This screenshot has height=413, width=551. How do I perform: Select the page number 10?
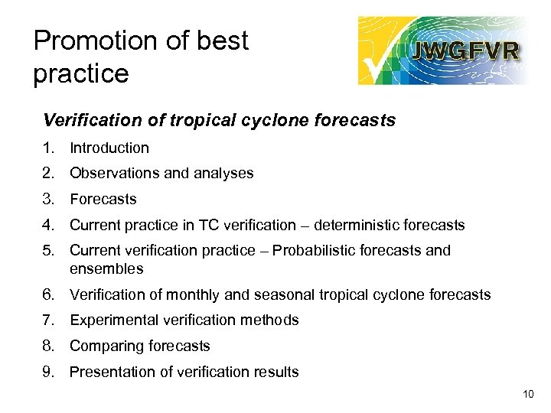click(527, 394)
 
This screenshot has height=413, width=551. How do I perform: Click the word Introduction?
click(109, 148)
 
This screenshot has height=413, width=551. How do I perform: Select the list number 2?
click(49, 174)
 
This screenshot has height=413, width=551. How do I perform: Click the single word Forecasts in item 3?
click(103, 200)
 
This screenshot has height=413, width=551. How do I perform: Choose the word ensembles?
click(106, 269)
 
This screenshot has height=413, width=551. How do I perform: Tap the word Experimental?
click(113, 320)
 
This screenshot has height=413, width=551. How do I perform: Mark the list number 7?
click(49, 320)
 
